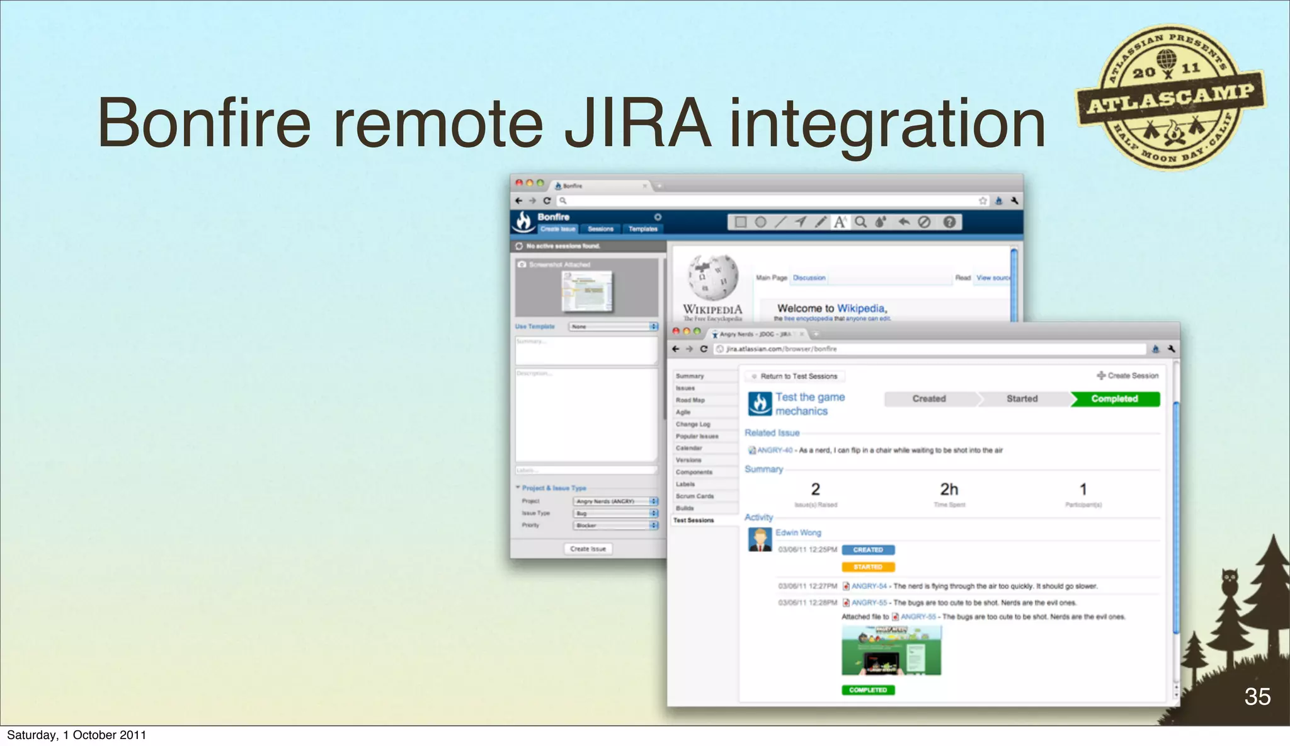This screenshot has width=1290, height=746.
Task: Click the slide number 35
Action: point(1257,696)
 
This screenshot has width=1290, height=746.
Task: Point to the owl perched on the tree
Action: point(1230,581)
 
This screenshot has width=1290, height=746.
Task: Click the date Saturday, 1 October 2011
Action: point(76,735)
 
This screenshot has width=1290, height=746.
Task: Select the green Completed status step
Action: point(1114,399)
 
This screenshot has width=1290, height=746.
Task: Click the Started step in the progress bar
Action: point(1022,399)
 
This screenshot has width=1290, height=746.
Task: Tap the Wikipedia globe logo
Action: point(713,277)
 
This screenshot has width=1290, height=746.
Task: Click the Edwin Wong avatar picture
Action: point(760,540)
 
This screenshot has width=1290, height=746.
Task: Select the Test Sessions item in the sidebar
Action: point(694,520)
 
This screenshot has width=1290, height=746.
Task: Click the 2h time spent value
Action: point(949,490)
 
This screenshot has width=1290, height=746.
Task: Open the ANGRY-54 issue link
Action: point(869,586)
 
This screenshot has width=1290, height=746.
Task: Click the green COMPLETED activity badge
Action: point(868,690)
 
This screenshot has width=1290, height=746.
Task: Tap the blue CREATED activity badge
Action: point(868,550)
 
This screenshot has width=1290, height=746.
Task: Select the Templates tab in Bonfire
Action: point(642,229)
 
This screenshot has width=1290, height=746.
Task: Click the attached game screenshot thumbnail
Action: point(891,651)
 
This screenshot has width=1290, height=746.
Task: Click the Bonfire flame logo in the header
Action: point(523,221)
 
